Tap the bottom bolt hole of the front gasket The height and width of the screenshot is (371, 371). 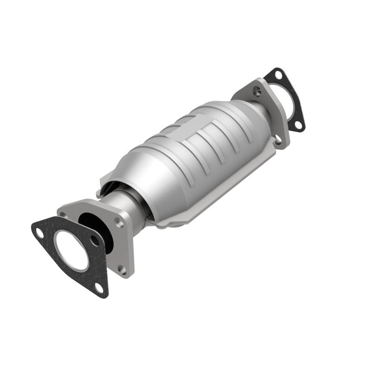coord(99,288)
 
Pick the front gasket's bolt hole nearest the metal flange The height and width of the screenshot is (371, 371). coord(94,240)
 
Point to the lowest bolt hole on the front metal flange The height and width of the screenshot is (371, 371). coord(122,269)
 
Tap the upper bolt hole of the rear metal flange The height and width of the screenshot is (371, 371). coord(257,91)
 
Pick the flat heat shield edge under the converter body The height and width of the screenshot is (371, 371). coord(185,218)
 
